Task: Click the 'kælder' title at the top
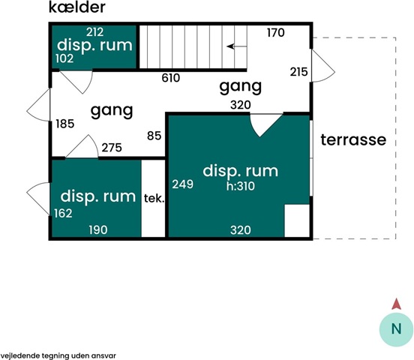click(x=77, y=7)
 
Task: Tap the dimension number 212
click(x=94, y=32)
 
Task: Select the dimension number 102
click(x=64, y=58)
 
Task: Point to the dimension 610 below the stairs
click(x=171, y=78)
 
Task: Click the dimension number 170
click(x=276, y=33)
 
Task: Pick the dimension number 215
click(x=299, y=72)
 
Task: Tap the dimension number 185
click(x=65, y=124)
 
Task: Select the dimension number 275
click(x=112, y=148)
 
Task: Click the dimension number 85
click(x=154, y=136)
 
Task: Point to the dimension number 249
click(x=183, y=184)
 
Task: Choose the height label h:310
click(x=241, y=187)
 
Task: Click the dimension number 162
click(x=63, y=214)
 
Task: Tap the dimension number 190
click(x=98, y=230)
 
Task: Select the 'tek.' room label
click(x=154, y=198)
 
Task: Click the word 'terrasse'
click(x=353, y=139)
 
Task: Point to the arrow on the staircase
click(x=237, y=46)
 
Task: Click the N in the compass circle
click(x=396, y=329)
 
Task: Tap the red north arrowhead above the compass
click(x=396, y=304)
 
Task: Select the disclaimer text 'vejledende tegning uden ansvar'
click(x=58, y=355)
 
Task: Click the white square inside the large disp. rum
click(x=297, y=220)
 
